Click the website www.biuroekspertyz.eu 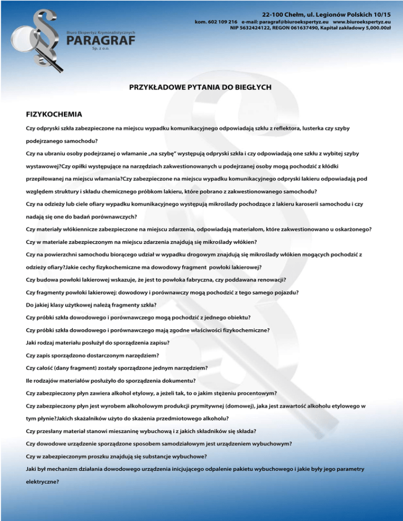362,23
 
